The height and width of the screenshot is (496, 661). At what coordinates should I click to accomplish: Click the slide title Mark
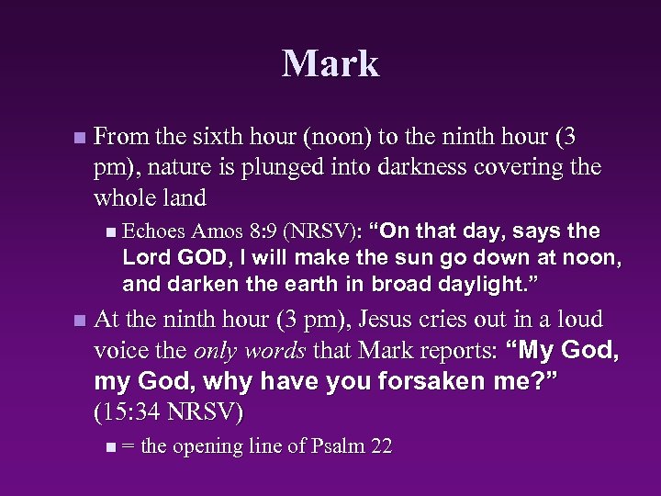[x=330, y=63]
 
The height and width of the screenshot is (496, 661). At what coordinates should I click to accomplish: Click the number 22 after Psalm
[x=380, y=446]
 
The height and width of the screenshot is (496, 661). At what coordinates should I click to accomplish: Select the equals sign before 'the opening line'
[x=128, y=447]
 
